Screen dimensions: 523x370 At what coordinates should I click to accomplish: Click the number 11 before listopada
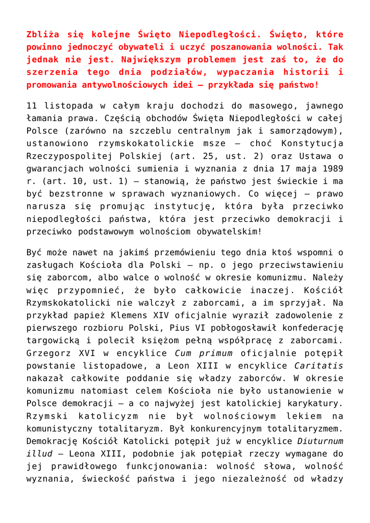click(32, 106)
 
